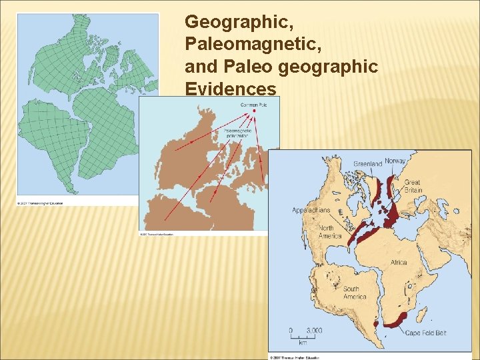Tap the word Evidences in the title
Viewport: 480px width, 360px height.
(x=231, y=89)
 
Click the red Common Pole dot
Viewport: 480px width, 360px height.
(x=253, y=111)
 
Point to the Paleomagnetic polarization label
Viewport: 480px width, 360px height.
(x=237, y=132)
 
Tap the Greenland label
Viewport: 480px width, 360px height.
(x=367, y=163)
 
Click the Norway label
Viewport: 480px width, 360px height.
(x=395, y=161)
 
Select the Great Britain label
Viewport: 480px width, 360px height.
(x=412, y=186)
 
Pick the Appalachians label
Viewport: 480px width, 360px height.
(x=311, y=210)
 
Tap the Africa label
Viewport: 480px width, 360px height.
(x=399, y=262)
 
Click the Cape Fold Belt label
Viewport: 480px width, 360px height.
(x=426, y=333)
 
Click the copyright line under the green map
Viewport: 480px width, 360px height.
(x=41, y=202)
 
